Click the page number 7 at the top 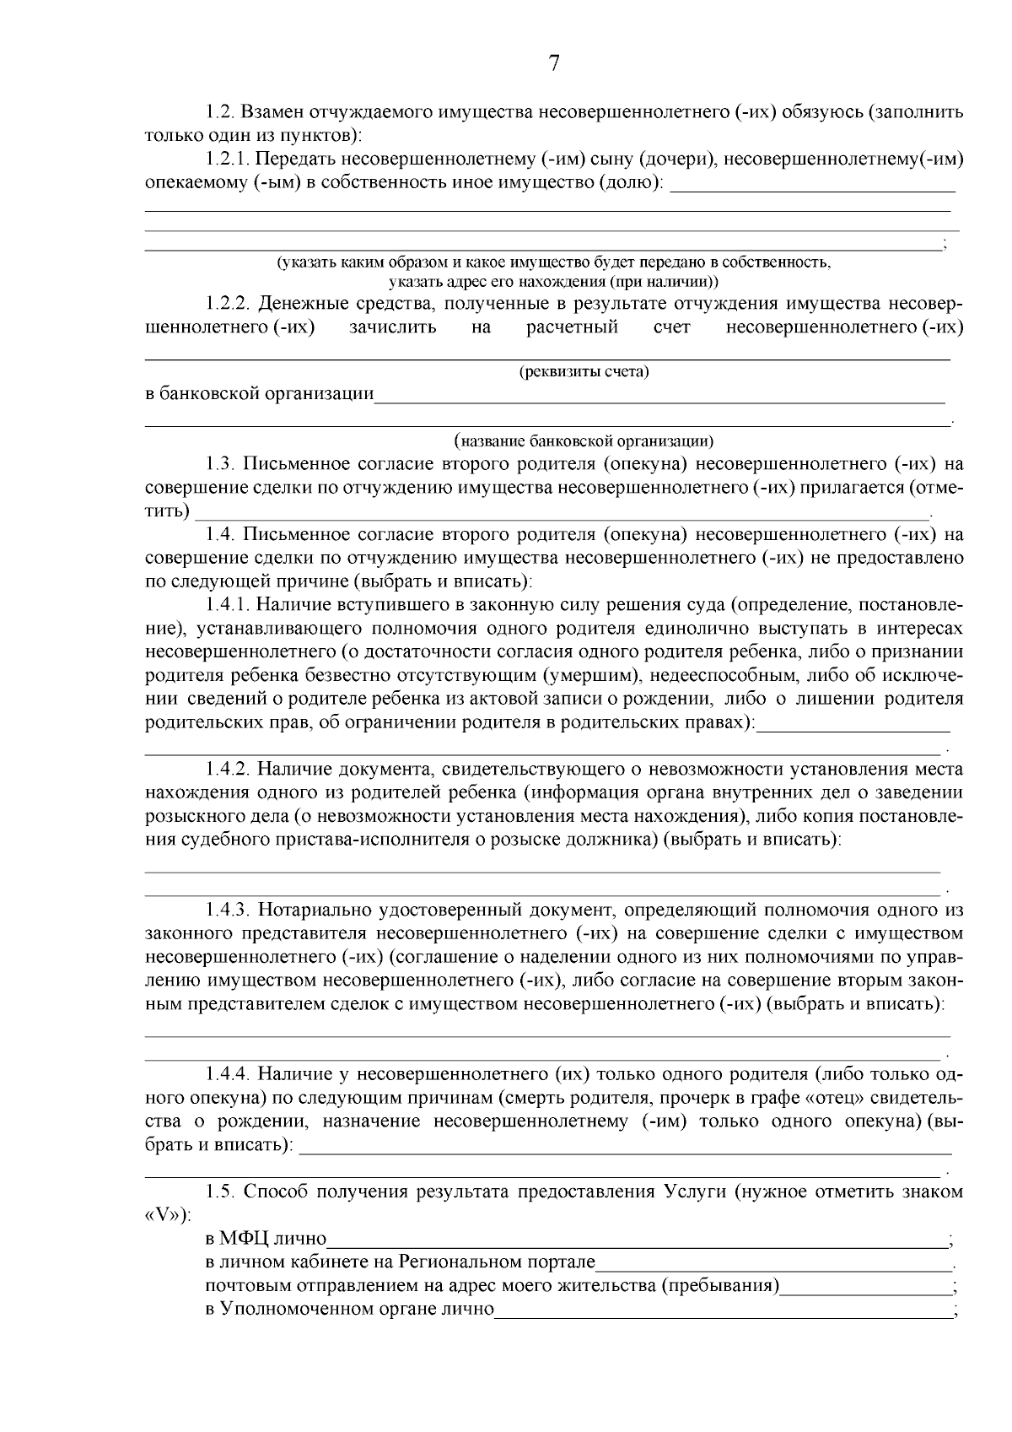[x=554, y=64]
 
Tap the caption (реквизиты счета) [x=584, y=371]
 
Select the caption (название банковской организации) [x=584, y=440]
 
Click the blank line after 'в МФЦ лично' [x=637, y=1242]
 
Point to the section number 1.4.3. [x=228, y=911]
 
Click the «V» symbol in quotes [x=162, y=1215]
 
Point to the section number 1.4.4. [x=228, y=1074]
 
